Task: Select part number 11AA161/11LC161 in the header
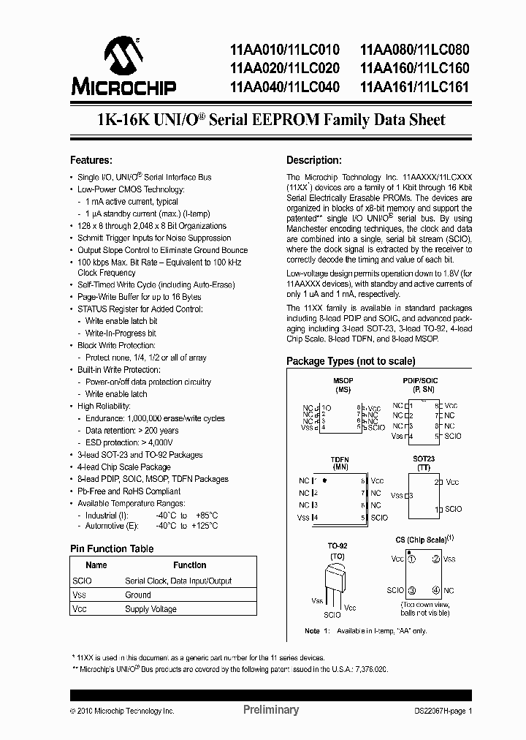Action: (413, 87)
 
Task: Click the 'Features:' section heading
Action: (91, 160)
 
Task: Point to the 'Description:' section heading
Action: (313, 160)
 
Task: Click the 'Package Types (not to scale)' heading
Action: (351, 361)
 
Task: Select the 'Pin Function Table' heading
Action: (111, 548)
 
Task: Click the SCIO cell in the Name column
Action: (83, 581)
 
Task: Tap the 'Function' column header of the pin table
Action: (189, 565)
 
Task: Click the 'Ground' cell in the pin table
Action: (138, 594)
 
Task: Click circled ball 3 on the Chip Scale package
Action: (412, 590)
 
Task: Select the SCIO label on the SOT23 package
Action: (453, 509)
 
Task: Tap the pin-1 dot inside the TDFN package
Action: (324, 481)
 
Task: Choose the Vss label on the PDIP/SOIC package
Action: (397, 437)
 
